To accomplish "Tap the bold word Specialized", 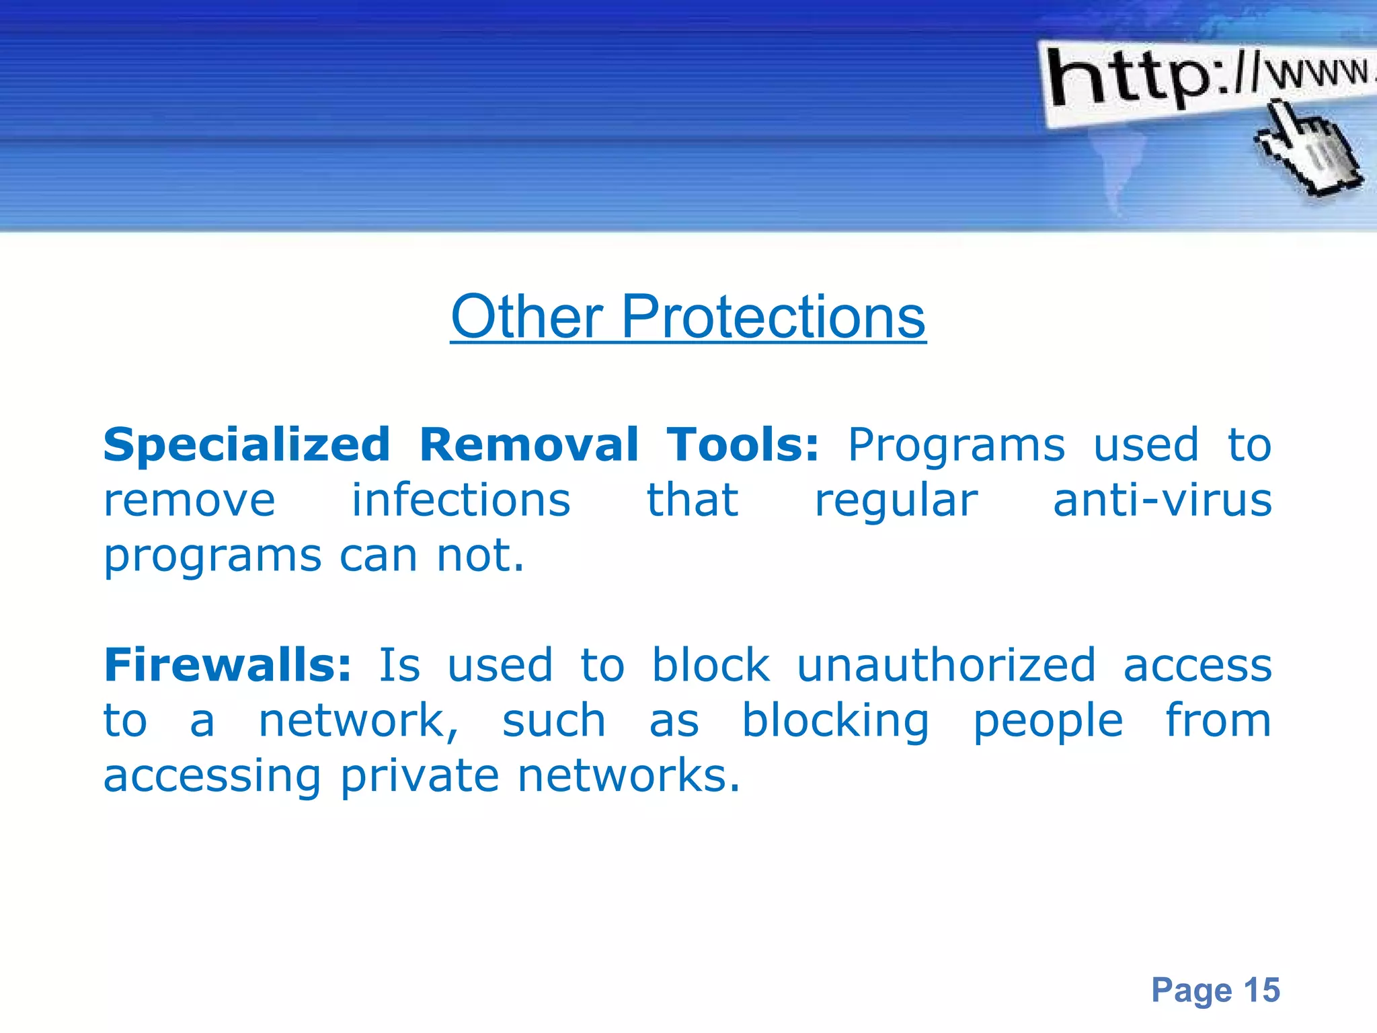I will [247, 445].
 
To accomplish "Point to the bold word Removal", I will [528, 445].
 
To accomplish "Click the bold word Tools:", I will [743, 445].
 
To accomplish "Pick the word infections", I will [461, 500].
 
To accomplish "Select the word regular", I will [896, 502].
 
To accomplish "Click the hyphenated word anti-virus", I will [1163, 500].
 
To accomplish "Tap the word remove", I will [190, 502].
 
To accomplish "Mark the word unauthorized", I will [946, 664].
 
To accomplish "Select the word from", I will [1218, 720].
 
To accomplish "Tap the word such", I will [554, 720].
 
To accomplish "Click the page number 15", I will [1261, 990].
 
